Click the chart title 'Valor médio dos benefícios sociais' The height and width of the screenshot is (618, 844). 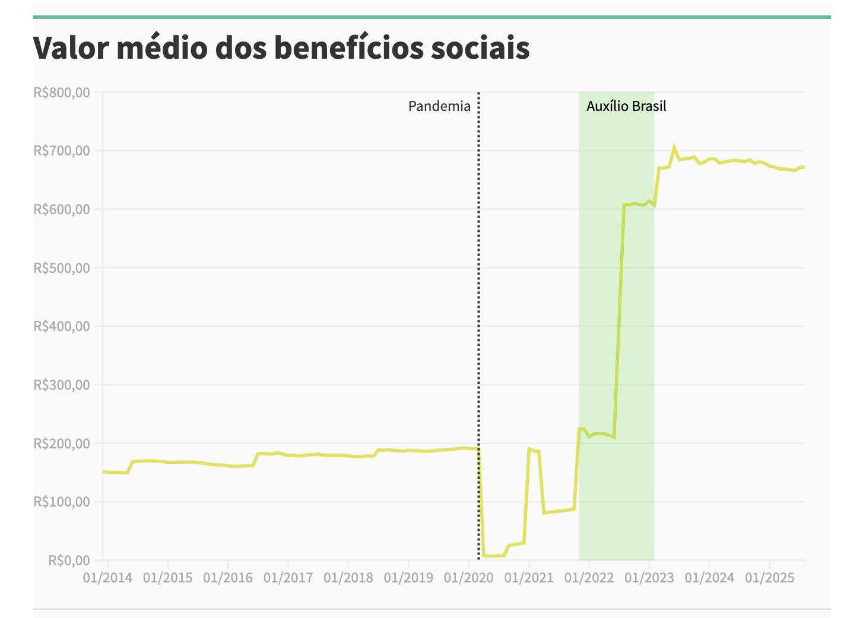click(x=281, y=47)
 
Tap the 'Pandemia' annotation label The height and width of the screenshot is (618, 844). click(x=439, y=106)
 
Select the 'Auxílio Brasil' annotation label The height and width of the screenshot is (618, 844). click(x=626, y=106)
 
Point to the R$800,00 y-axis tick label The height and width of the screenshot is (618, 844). click(x=62, y=93)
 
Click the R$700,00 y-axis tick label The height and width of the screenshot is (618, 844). click(x=62, y=151)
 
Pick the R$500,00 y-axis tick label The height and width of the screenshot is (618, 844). click(x=62, y=268)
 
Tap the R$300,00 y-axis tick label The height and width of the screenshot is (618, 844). click(x=62, y=385)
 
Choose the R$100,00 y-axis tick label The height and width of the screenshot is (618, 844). click(x=62, y=502)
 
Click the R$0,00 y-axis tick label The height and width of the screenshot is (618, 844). click(x=69, y=560)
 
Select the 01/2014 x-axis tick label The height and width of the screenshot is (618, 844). click(x=107, y=578)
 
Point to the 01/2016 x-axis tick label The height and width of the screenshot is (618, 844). click(x=228, y=578)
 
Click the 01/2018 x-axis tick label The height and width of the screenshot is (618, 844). click(x=348, y=578)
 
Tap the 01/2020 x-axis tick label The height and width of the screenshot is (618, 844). click(x=469, y=578)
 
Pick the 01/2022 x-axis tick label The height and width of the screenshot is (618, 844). click(x=589, y=578)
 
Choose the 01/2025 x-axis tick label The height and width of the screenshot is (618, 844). click(x=769, y=578)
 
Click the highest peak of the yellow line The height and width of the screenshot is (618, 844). click(x=674, y=146)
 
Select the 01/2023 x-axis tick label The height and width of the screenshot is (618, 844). click(x=649, y=578)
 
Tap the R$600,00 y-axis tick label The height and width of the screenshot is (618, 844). click(x=62, y=209)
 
